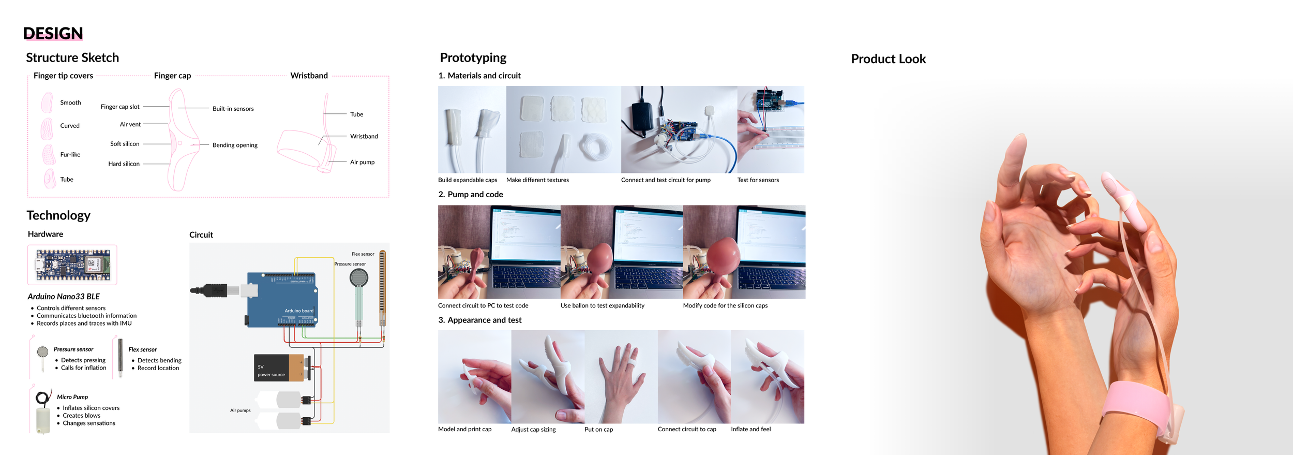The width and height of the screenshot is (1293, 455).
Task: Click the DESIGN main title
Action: point(53,33)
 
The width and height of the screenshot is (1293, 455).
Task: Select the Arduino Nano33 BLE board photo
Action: point(72,265)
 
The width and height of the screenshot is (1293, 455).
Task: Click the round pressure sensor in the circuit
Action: point(359,278)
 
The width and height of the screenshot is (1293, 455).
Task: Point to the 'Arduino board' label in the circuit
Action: point(299,311)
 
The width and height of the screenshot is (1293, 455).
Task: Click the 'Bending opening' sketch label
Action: point(235,145)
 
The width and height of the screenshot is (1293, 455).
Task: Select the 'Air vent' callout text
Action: point(130,124)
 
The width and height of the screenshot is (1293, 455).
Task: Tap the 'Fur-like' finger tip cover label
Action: point(70,154)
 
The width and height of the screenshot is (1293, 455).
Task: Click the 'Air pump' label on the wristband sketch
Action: point(362,162)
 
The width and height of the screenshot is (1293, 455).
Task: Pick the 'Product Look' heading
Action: point(888,59)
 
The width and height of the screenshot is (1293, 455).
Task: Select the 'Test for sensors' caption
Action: point(758,180)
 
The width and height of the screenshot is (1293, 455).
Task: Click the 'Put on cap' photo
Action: point(621,377)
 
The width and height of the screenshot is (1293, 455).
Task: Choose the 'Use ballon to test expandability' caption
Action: point(603,305)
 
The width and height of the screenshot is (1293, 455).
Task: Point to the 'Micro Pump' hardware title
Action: point(72,397)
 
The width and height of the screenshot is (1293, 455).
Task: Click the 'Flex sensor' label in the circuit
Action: point(363,254)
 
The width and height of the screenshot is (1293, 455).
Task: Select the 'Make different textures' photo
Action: point(564,129)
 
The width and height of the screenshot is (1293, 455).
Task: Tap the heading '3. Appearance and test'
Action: point(480,320)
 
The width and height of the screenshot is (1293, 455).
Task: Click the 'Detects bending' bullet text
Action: point(159,360)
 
